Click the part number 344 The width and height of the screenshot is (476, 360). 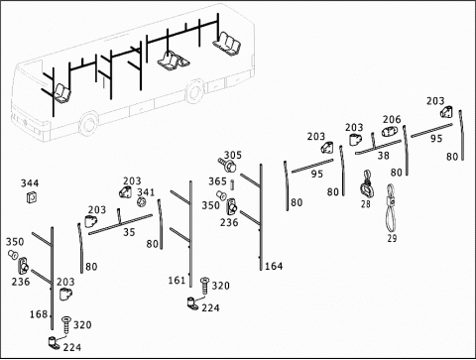click(x=30, y=182)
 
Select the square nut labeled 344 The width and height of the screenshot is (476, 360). click(x=32, y=197)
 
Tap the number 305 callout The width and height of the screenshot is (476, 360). click(x=233, y=155)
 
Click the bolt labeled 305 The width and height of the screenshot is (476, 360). click(x=227, y=165)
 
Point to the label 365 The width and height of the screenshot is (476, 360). click(x=217, y=181)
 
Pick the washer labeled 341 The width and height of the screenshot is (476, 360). click(x=142, y=201)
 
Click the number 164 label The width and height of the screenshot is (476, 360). click(x=274, y=266)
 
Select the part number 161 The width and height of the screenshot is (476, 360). click(x=177, y=281)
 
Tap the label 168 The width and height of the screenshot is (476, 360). click(x=39, y=314)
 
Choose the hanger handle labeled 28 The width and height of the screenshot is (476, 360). click(x=366, y=185)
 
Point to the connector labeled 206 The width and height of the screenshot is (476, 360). click(x=389, y=131)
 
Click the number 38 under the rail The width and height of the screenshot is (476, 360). click(x=383, y=155)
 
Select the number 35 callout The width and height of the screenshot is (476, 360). click(x=129, y=232)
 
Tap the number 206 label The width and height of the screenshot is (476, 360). click(x=392, y=119)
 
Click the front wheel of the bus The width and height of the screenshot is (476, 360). click(x=88, y=124)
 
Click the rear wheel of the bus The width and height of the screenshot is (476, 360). click(x=194, y=91)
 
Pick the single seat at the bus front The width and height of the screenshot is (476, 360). click(x=61, y=92)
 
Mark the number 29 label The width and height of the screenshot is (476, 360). click(x=392, y=238)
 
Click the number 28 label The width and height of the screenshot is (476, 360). click(x=366, y=204)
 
